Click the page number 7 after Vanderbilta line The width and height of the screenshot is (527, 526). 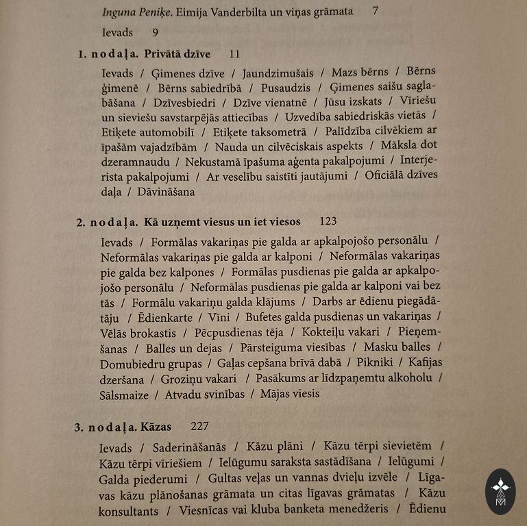[375, 11]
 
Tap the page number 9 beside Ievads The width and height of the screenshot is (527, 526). [156, 32]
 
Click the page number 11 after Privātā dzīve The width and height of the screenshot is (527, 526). [234, 54]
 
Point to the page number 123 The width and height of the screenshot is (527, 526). [328, 221]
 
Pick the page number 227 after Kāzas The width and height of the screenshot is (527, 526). [199, 426]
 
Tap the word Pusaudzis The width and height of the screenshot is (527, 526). [286, 88]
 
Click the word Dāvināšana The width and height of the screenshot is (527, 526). [166, 192]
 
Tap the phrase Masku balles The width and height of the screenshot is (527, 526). [397, 347]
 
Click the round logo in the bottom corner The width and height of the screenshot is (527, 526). [500, 491]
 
